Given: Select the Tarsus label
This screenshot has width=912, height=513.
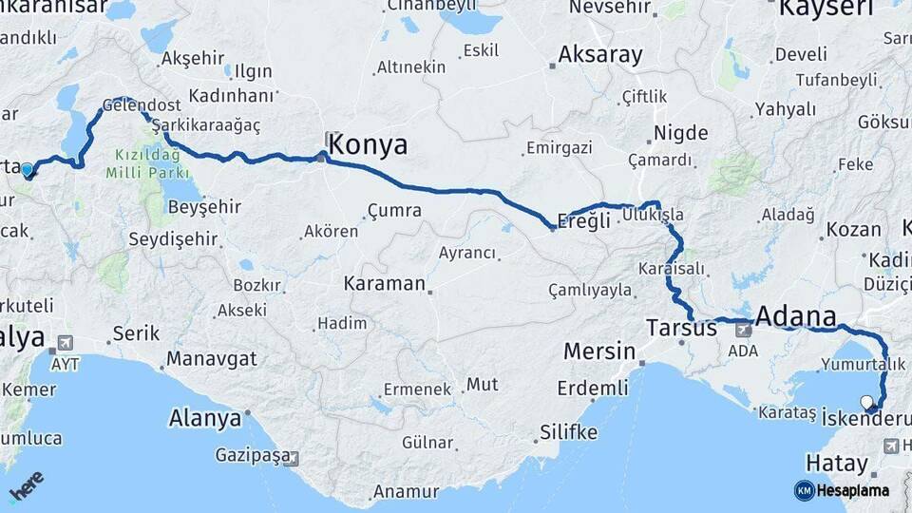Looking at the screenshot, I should point(681,328).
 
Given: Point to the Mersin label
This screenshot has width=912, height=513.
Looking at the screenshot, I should point(598,351).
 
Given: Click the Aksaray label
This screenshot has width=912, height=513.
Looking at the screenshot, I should point(600,55).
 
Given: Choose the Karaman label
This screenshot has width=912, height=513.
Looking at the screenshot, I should point(384,283).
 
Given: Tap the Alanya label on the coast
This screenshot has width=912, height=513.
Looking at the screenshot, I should point(204,418).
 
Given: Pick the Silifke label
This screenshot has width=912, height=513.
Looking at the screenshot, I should point(568,432).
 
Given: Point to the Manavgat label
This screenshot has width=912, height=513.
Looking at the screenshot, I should point(212,360).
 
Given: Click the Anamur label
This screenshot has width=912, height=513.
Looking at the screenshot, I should point(406,491).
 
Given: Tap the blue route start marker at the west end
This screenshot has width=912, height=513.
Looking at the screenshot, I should point(27,171).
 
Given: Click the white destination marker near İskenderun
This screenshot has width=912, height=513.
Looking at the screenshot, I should point(867,402).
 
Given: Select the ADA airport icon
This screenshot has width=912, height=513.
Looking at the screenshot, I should point(743,331).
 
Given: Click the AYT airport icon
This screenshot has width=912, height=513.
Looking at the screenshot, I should point(65,343).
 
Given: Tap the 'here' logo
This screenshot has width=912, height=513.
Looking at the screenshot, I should point(27,488).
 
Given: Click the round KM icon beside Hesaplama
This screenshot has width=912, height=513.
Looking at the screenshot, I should point(804,490).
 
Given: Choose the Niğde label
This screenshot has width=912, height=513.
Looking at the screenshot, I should point(675,134).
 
